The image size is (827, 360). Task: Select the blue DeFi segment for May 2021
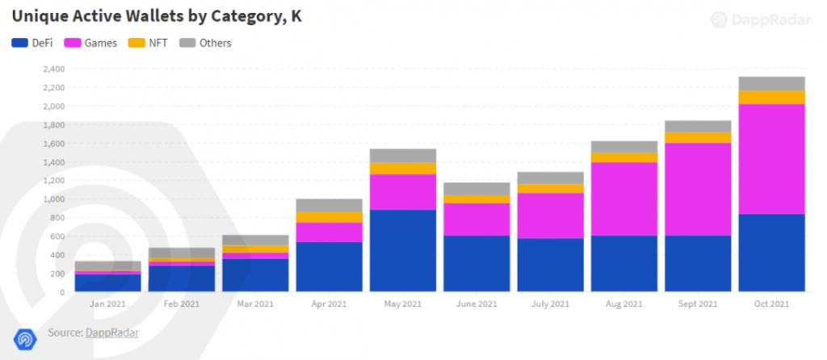point(403,250)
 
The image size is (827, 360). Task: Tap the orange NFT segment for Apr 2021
point(330,216)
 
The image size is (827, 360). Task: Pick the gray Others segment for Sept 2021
point(698,126)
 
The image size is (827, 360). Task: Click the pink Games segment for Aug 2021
point(624,199)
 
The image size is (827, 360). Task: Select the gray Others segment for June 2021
point(476,188)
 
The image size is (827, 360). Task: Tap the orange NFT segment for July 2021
point(551,188)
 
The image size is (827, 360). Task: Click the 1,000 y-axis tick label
point(54,199)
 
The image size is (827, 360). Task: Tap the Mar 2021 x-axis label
point(256,303)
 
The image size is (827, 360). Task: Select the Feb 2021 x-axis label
point(182,303)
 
